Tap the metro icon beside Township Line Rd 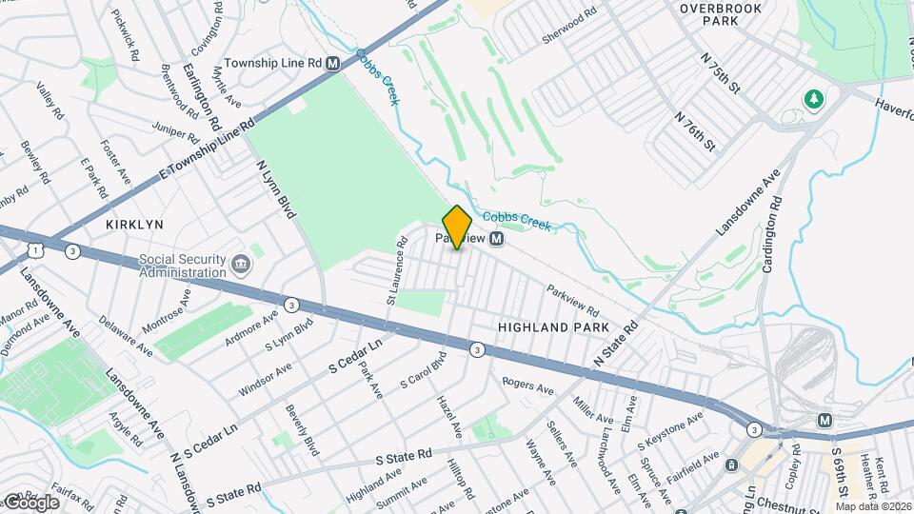[x=332, y=63]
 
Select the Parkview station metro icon [x=496, y=241]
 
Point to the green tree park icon [x=814, y=98]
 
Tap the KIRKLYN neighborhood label [x=134, y=224]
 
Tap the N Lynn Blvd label [x=277, y=189]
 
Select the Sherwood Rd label [x=568, y=18]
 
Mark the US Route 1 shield [x=34, y=249]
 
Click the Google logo [x=30, y=502]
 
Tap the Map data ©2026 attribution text [x=873, y=505]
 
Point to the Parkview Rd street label [x=572, y=301]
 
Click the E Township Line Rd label [x=209, y=150]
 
